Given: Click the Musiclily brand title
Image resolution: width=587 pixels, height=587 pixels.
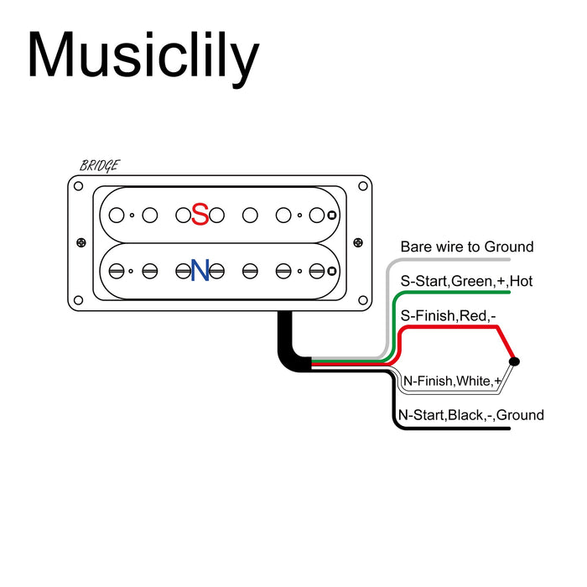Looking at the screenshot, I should coord(143,57).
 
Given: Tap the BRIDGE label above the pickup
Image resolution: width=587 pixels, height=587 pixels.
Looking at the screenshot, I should coord(99,165).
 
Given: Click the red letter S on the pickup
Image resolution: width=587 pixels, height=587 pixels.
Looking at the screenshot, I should coord(200,215).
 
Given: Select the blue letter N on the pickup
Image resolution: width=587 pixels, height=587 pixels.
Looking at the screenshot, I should coord(200,270).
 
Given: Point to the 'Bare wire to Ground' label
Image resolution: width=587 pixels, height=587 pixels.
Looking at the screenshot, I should coord(466,247).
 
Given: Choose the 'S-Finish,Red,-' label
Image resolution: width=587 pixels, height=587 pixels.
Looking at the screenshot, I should coord(449,315).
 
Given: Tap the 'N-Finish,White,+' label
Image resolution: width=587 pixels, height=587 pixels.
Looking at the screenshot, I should coord(453,382).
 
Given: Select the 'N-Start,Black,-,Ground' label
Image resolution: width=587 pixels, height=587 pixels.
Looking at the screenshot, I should coord(470,415).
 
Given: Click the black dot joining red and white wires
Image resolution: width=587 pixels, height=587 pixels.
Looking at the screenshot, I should coord(514,361).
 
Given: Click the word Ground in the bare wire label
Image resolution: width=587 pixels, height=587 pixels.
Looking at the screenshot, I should coord(509,247).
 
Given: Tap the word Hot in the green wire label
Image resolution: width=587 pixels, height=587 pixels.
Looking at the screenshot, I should coord(521,281).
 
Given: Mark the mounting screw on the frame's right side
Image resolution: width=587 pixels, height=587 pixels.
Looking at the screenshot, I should coord(361,243).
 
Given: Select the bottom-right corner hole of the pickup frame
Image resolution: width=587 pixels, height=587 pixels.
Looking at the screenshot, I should coord(361,299).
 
